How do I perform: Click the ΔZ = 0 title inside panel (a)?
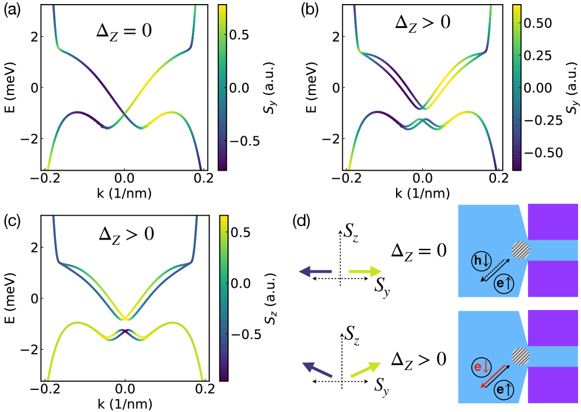(124, 30)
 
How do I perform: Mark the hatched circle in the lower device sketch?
(520, 355)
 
